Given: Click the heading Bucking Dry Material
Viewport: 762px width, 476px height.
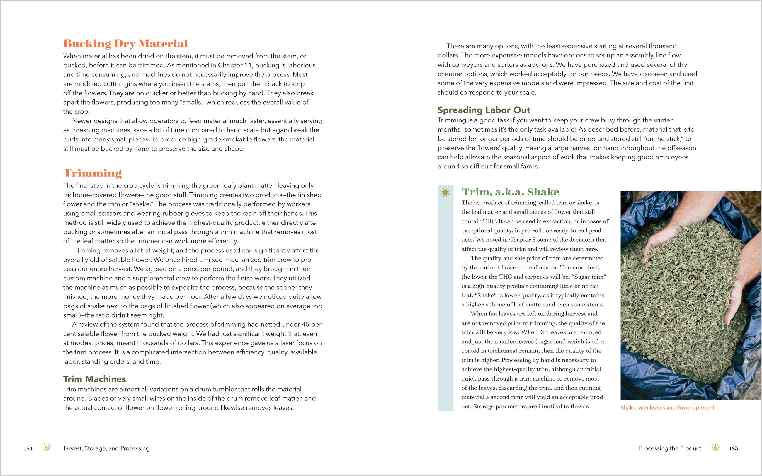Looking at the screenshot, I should pos(125,43).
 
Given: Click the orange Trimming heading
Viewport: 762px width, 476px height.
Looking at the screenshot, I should pos(92,173).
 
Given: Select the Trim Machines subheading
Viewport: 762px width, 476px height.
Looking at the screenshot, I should pos(94,379).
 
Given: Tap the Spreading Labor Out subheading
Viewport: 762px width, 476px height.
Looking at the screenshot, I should pos(484,110).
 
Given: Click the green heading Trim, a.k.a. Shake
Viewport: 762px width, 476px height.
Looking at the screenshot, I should pos(510,192).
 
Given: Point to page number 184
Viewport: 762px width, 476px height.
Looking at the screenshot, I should pos(28,448).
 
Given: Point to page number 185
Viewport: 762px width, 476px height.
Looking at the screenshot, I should pos(733,448).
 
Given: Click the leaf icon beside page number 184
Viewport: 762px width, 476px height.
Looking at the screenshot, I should pos(47,447).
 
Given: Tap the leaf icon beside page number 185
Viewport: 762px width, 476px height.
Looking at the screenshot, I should pos(715,447).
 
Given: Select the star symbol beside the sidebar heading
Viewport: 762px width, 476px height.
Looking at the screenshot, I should pos(445,192).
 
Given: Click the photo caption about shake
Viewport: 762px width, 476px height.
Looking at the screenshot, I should pos(667,408).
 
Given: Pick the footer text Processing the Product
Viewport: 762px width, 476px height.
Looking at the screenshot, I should pos(670,448).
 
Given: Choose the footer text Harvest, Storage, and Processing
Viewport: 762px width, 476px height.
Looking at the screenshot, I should pos(105,448).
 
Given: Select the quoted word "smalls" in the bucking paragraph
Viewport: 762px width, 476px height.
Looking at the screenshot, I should pos(193,102).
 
